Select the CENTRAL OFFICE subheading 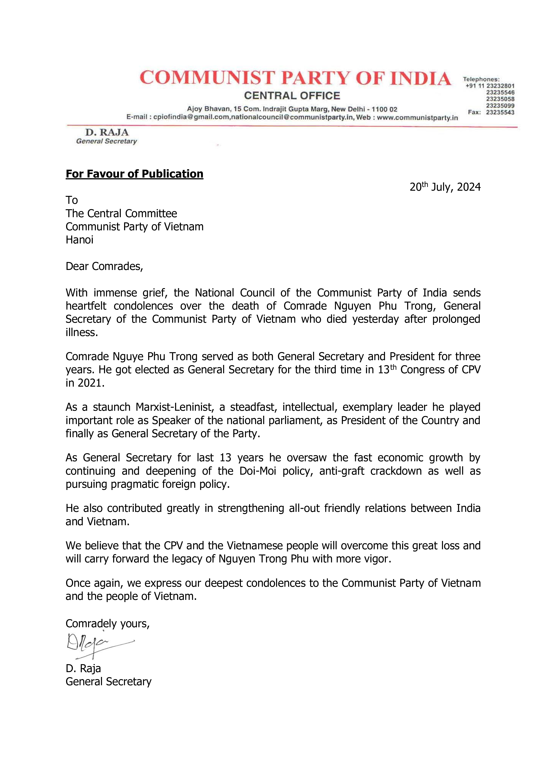tap(292, 96)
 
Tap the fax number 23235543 tap(500, 112)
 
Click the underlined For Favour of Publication tap(134, 174)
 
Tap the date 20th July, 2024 tap(445, 187)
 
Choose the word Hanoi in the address tap(80, 240)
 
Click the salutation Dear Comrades tap(104, 266)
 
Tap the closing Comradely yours tap(107, 624)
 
